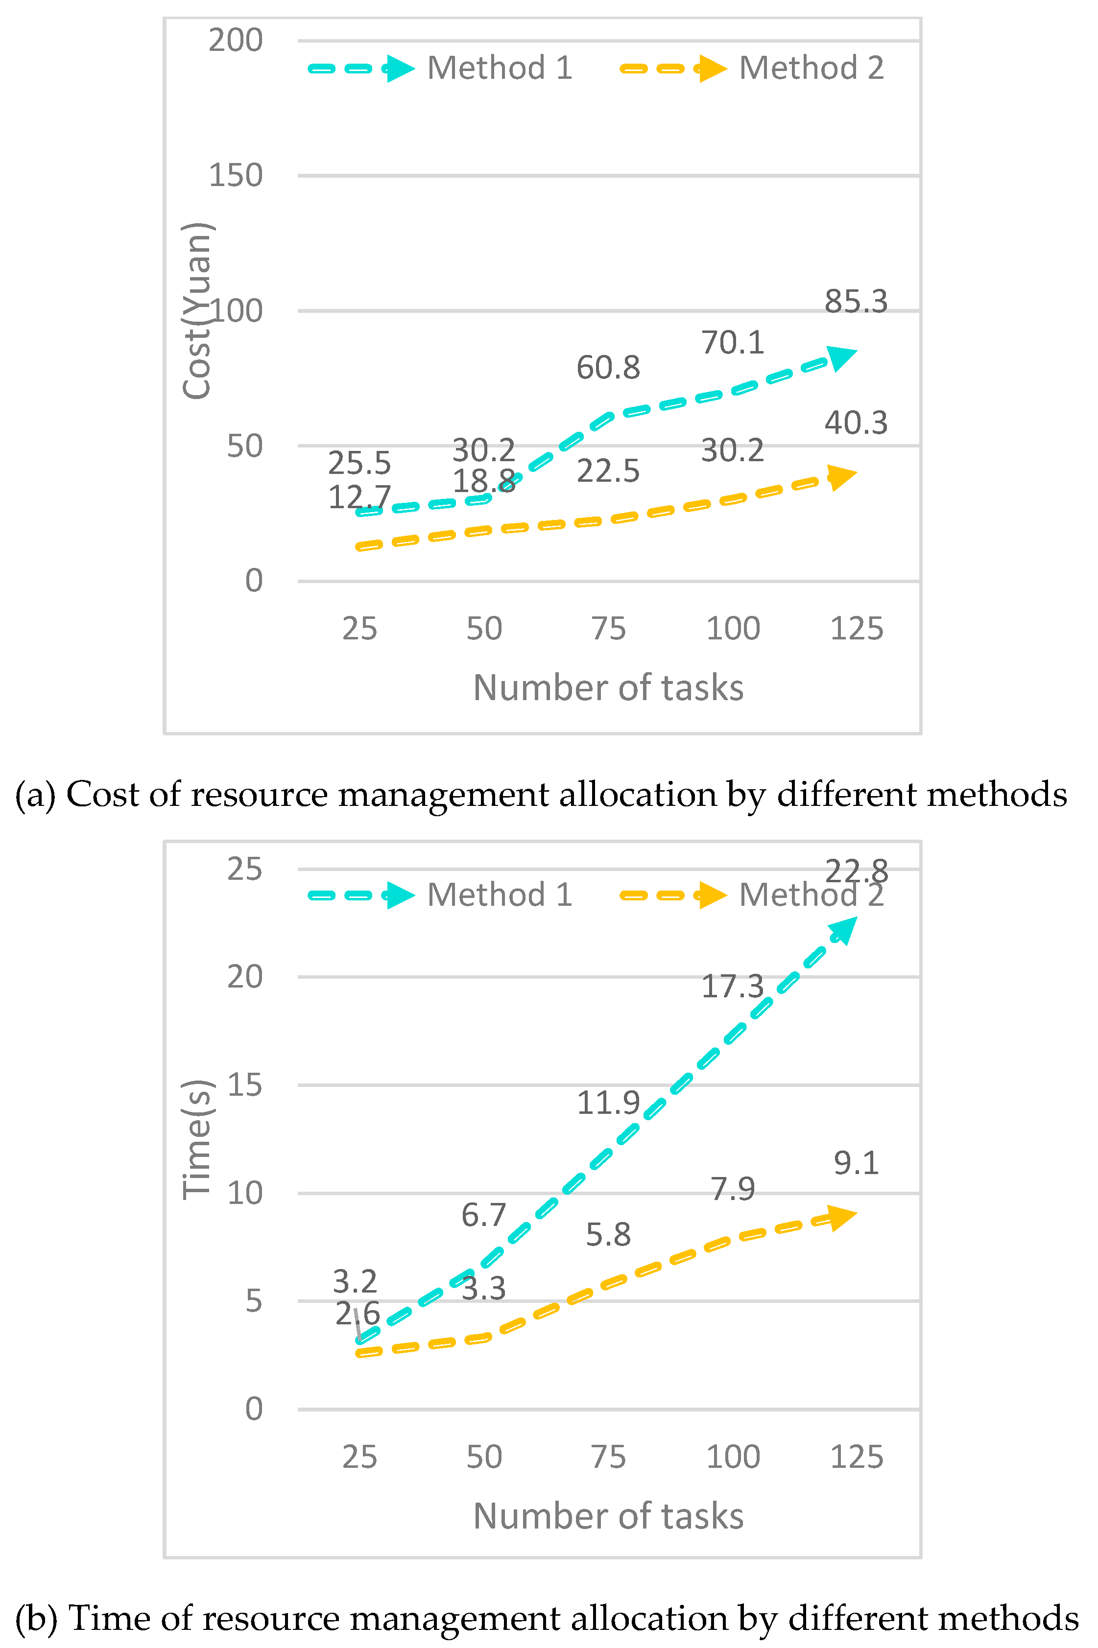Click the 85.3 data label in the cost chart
(856, 302)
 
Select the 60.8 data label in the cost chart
(608, 368)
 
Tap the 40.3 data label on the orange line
(856, 423)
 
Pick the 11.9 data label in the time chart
(608, 1103)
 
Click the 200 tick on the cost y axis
(235, 41)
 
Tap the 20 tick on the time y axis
(244, 977)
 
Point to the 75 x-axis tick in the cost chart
(608, 629)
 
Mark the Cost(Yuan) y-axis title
(197, 311)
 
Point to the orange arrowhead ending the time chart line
(842, 1218)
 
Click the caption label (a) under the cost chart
(35, 795)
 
